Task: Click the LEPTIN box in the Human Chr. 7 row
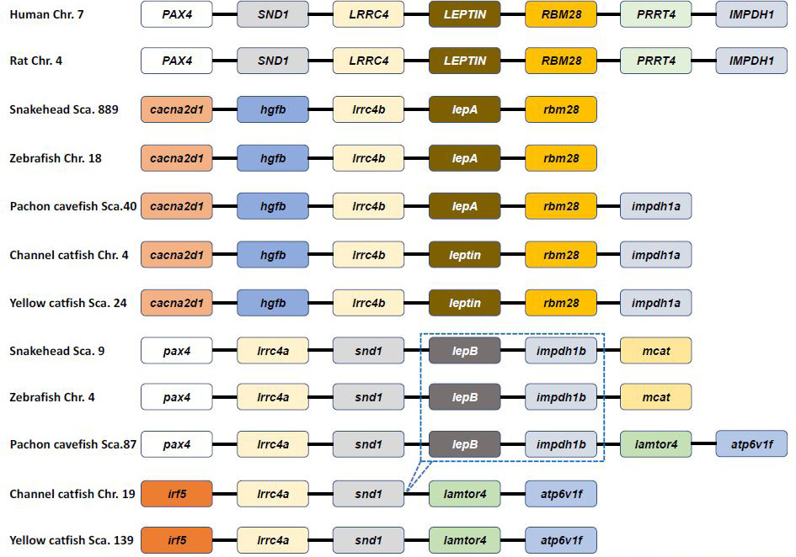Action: (464, 14)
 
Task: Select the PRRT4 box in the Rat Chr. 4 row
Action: (656, 61)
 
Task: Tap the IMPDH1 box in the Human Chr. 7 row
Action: (751, 14)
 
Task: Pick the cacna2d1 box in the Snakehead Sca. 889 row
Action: (177, 109)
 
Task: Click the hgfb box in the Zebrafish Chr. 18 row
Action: (273, 158)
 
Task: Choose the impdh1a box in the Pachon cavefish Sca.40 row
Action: (656, 206)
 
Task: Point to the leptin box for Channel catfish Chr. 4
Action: (464, 254)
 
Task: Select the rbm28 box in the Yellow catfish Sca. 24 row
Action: (561, 303)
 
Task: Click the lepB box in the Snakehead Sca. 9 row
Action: (464, 351)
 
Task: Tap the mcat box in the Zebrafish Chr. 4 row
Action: (656, 396)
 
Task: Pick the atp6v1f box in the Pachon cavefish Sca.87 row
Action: (751, 444)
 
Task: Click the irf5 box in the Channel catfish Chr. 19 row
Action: (177, 494)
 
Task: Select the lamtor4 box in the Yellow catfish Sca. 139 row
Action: (464, 540)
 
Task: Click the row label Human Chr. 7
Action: (46, 14)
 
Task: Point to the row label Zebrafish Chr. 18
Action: (56, 158)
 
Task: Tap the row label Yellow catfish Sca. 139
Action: (72, 540)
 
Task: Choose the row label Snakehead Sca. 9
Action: (57, 351)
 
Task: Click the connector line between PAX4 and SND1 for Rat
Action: (225, 61)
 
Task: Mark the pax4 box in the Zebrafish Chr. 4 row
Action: (177, 396)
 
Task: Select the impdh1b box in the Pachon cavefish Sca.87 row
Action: (561, 444)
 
